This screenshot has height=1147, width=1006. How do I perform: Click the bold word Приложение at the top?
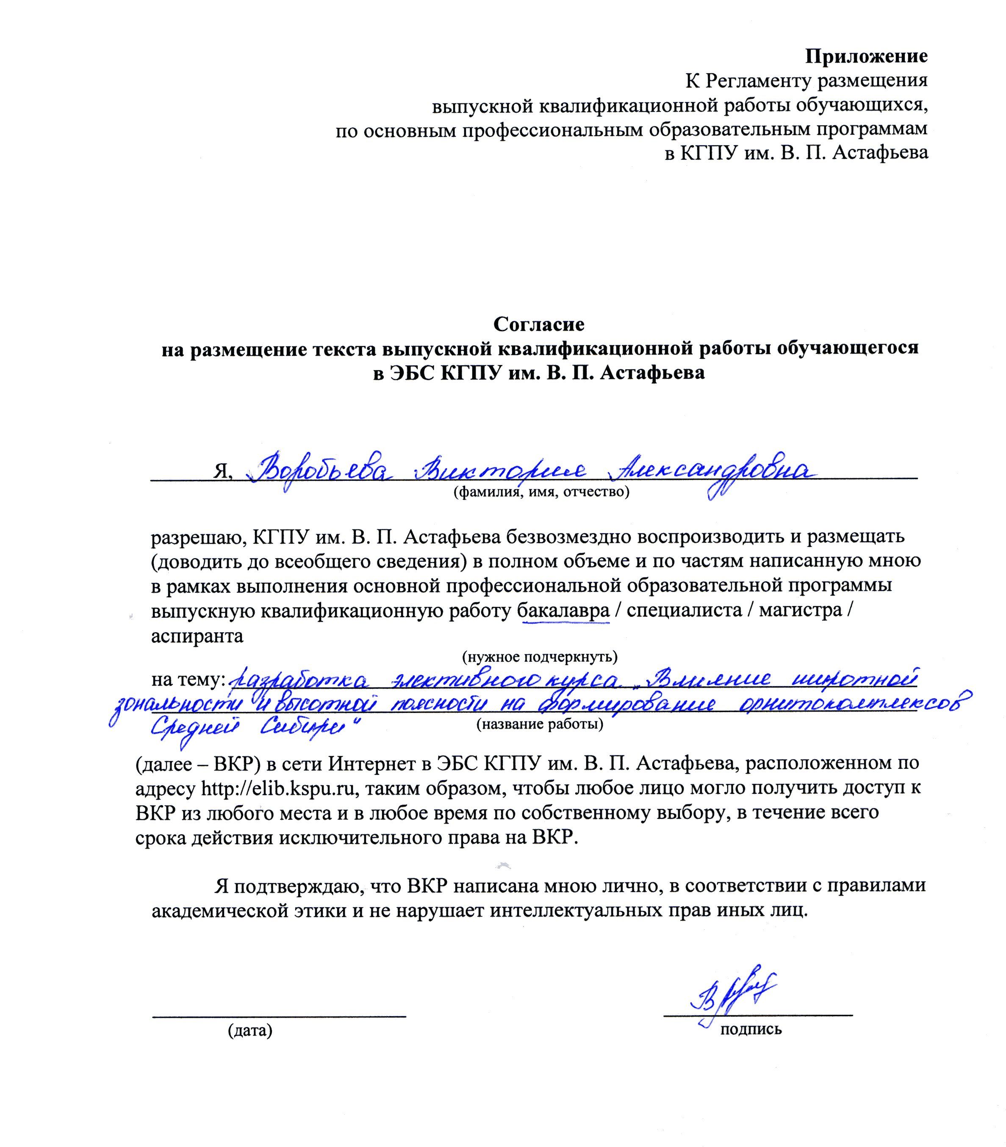[866, 56]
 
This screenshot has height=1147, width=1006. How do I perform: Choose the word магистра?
[800, 610]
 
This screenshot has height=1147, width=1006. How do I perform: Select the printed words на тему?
[187, 679]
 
